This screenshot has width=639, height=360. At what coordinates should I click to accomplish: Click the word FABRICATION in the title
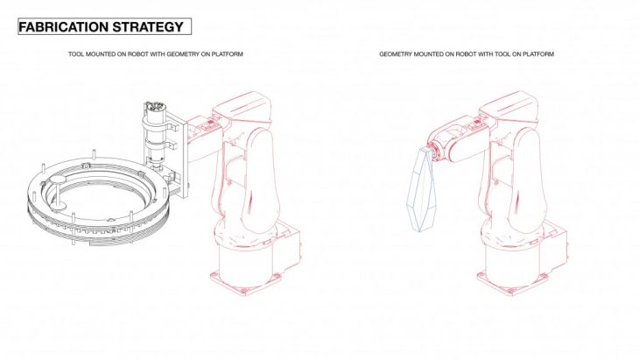64,27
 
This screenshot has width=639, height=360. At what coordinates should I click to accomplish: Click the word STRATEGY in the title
148,27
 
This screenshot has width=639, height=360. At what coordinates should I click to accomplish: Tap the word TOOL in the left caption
76,53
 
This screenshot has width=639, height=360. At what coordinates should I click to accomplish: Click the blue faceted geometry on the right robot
420,189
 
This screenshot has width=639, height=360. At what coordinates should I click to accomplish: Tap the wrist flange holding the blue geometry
433,152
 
